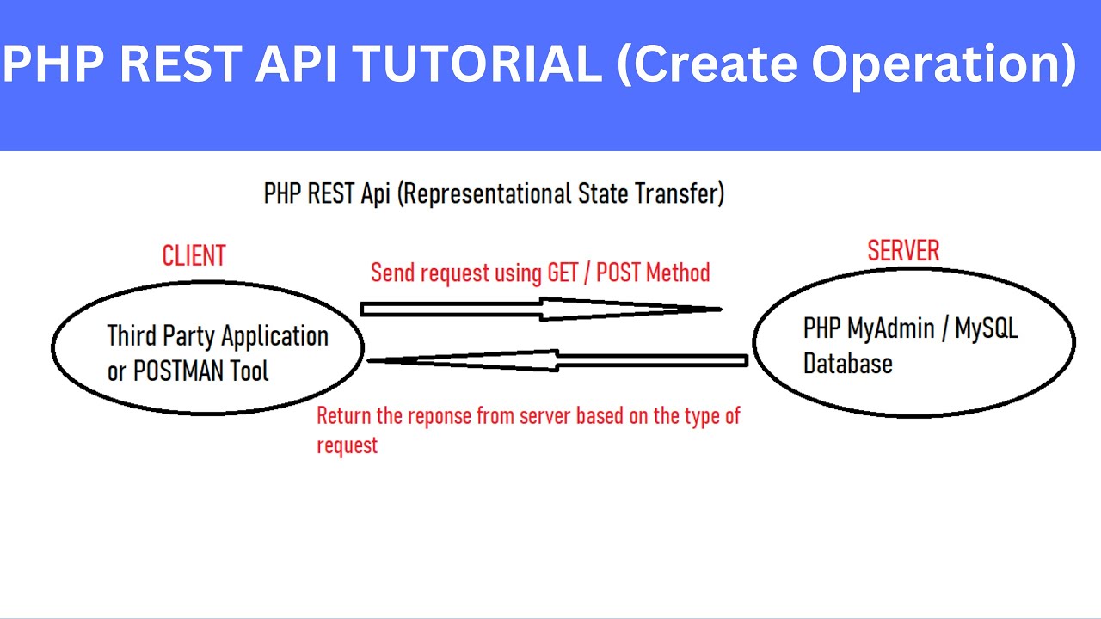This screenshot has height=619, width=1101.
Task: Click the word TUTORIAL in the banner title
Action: [x=477, y=64]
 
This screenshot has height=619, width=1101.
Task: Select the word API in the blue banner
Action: [x=296, y=64]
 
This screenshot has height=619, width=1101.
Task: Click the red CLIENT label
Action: [x=194, y=255]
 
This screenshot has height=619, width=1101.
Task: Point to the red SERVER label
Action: [x=903, y=250]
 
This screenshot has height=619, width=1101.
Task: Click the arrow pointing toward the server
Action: [x=541, y=309]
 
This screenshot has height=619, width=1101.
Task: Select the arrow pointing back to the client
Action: [x=558, y=360]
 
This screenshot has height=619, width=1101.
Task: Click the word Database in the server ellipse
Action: [x=848, y=364]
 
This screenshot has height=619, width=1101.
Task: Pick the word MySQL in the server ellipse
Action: [x=986, y=329]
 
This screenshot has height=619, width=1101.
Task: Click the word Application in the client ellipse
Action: [x=274, y=337]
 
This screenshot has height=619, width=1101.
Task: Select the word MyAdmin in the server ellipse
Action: [x=890, y=329]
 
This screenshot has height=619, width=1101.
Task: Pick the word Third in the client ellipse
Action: [x=132, y=336]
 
